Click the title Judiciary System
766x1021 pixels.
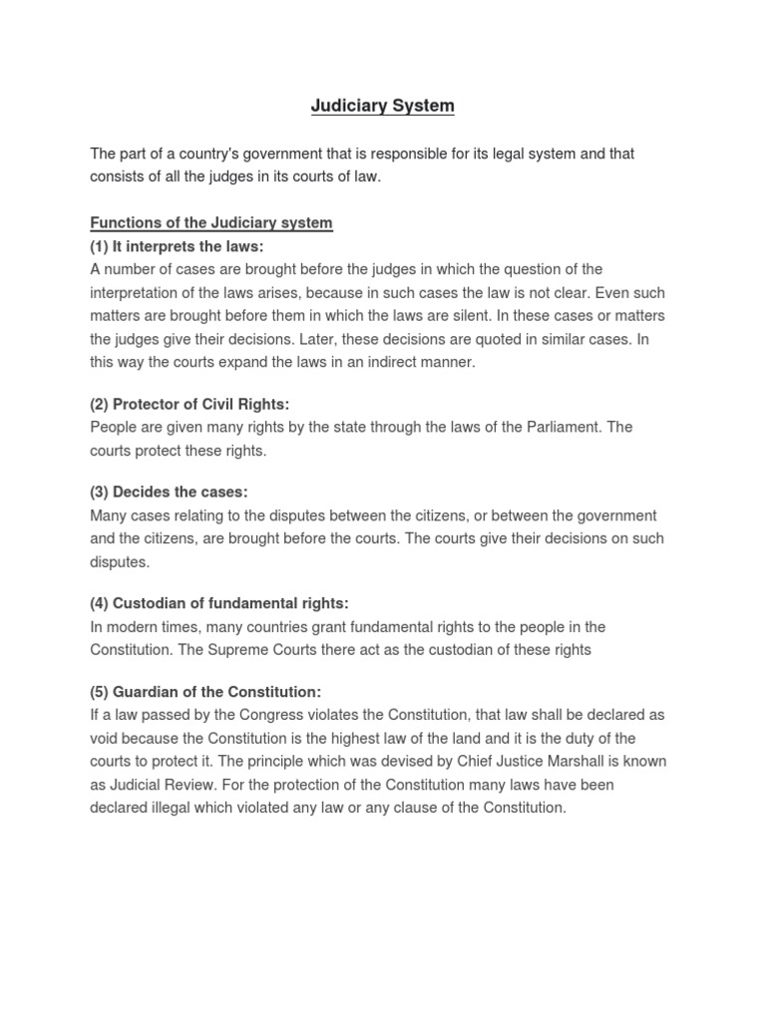click(x=382, y=105)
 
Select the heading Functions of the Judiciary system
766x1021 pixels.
click(x=211, y=222)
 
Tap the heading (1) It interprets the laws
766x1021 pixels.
click(x=177, y=245)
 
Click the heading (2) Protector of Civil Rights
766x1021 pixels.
click(x=190, y=404)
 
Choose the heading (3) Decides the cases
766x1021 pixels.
click(x=169, y=492)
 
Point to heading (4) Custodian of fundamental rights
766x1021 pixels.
click(x=219, y=603)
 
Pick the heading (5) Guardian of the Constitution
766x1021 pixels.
click(x=205, y=691)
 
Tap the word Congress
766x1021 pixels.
click(x=245, y=715)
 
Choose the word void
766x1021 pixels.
click(x=105, y=738)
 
